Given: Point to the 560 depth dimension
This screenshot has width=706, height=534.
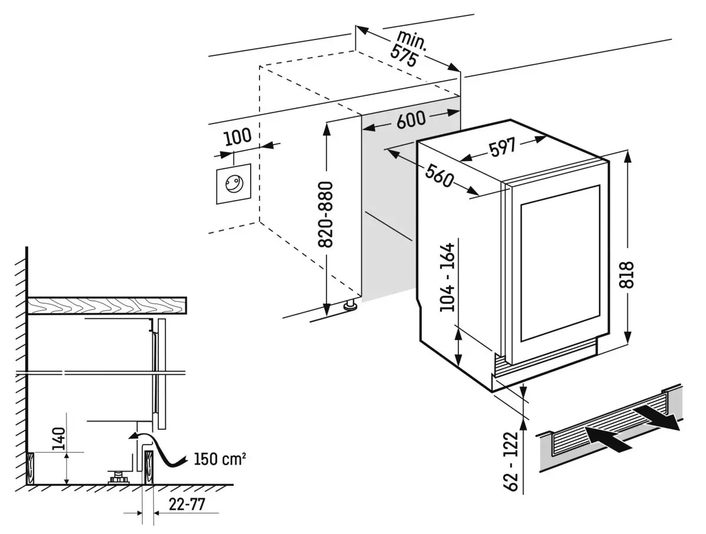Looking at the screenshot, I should point(438,174).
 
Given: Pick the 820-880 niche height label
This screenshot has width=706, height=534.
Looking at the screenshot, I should point(327,215).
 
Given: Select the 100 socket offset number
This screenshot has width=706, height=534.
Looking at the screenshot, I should point(238,136).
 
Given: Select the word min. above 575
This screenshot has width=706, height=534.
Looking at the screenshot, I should point(411,41).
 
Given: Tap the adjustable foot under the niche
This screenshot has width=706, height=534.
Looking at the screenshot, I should point(351,305).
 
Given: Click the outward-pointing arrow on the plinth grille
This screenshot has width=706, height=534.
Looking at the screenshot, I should point(660,416).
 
